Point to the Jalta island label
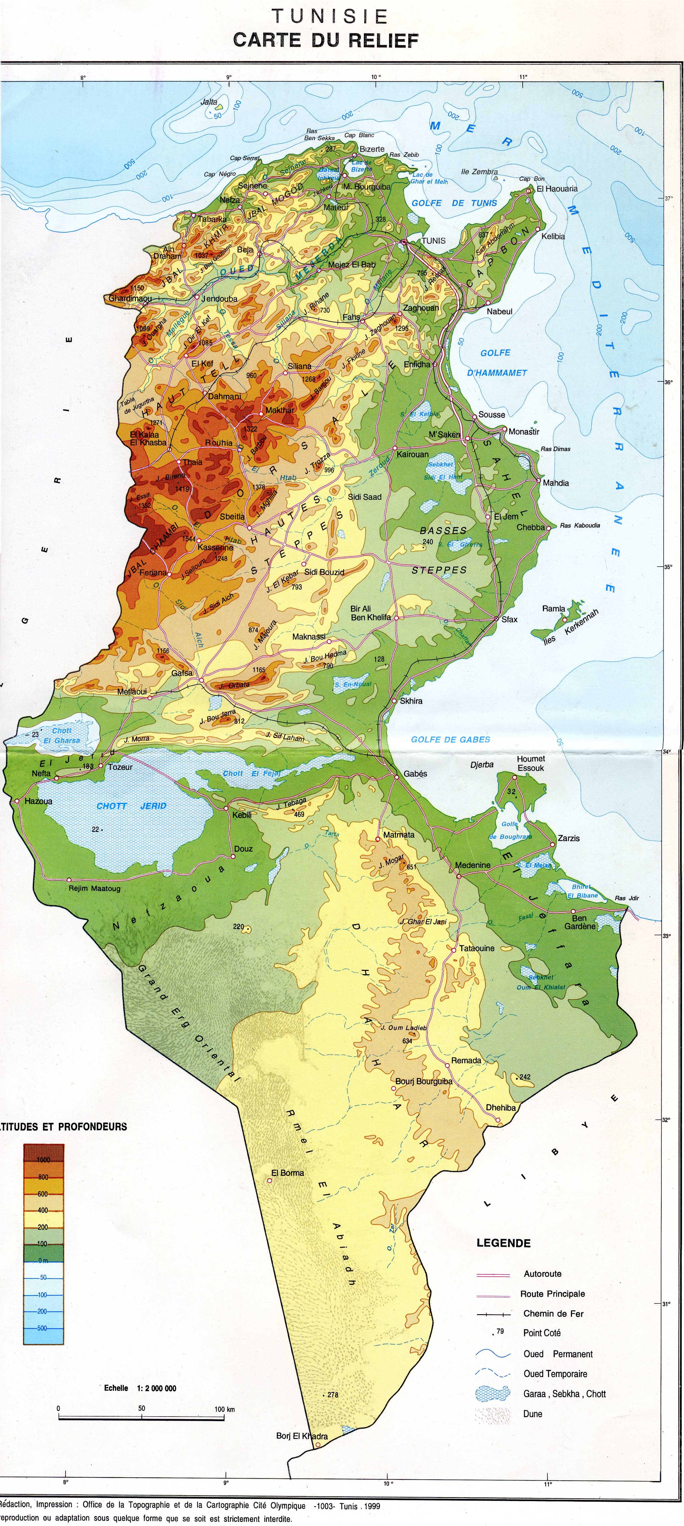[209, 102]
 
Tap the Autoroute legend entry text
[542, 1274]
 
